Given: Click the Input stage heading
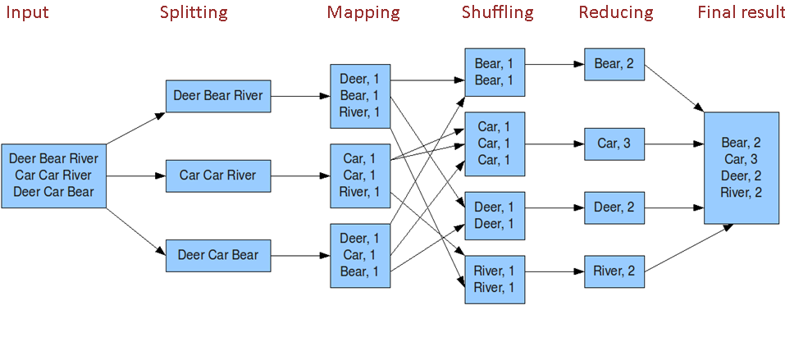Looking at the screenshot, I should coord(27,12).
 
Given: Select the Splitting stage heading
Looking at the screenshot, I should coord(194,12).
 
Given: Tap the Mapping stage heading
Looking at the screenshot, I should coord(363,12).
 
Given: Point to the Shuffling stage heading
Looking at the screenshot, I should coord(497,12).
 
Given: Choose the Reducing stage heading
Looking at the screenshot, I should coord(615,12).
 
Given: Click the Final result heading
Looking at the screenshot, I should coord(741,12).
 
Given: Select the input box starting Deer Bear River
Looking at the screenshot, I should coord(54,175).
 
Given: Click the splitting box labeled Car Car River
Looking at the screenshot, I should coord(217,175).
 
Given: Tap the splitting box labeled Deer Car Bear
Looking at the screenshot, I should coord(217,255).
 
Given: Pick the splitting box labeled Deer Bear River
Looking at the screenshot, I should coord(217,96).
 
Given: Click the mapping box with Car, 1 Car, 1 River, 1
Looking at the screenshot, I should coord(360,175).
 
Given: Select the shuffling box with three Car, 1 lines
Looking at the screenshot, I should coord(494,144).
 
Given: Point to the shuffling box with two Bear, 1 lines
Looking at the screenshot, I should coord(494,72).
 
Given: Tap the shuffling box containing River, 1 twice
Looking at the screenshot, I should coord(494,279).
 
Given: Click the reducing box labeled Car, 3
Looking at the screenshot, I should coord(614,144).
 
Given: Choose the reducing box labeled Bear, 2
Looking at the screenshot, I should coord(614,64).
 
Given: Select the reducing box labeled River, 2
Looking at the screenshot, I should coord(614,271).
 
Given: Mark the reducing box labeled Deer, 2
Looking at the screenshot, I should coord(614,207).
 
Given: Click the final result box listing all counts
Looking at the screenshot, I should coord(741,167).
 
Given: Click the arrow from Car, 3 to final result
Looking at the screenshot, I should coord(673,144).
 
